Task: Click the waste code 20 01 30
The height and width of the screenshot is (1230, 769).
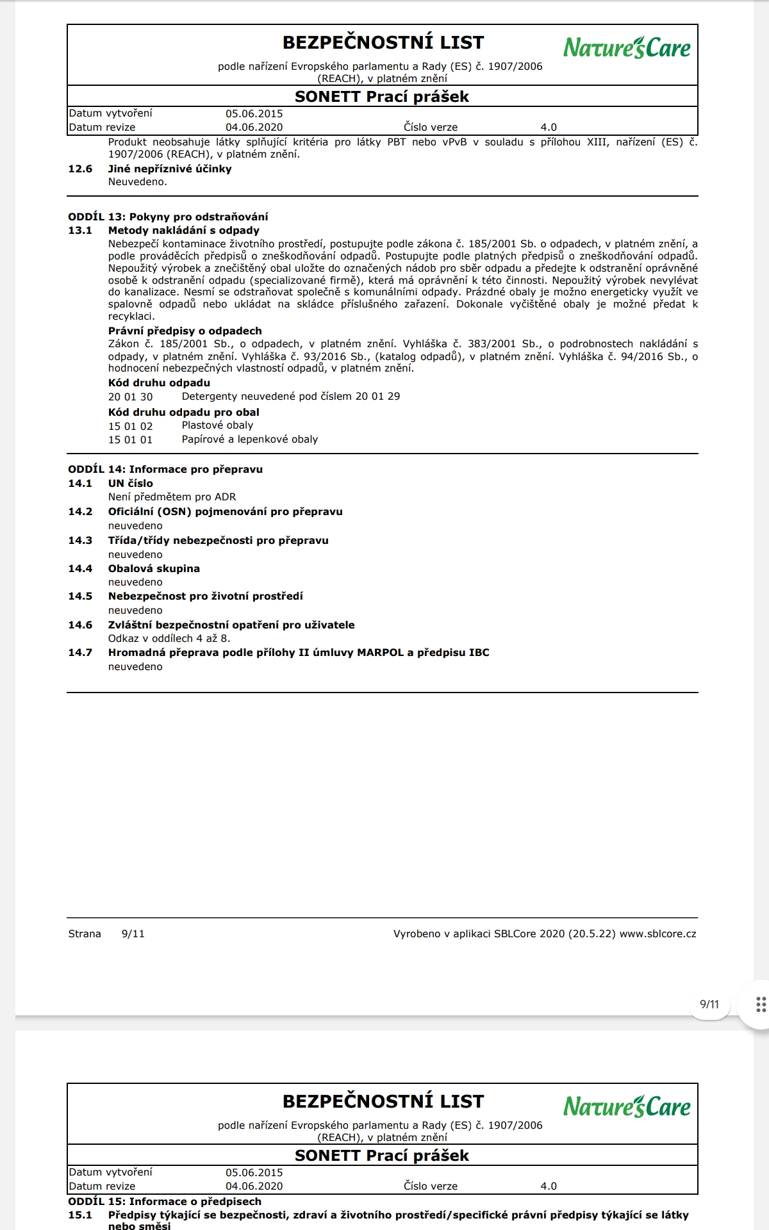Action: pos(130,397)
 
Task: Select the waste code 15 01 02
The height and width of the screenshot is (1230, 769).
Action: pos(130,426)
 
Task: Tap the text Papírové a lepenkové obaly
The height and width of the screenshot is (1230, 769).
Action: pos(249,439)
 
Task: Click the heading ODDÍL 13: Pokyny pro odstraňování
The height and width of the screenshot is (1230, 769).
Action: pos(168,217)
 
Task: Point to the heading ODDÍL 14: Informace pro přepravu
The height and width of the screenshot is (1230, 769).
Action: pos(165,469)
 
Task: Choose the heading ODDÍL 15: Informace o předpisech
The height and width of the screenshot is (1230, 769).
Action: pos(165,1201)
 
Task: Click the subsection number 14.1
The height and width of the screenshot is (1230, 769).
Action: pos(80,484)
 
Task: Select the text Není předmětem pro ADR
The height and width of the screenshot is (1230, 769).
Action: pos(172,497)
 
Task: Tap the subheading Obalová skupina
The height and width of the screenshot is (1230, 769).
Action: pos(154,568)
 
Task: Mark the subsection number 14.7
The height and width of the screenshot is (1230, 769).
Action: pos(80,653)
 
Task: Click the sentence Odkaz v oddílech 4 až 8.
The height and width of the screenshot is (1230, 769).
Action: pos(169,638)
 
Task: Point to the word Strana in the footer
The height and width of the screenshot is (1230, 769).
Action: pos(85,934)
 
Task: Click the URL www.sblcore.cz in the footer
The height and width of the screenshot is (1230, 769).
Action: pos(657,934)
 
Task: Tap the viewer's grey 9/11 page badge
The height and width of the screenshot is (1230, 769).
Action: pos(709,1004)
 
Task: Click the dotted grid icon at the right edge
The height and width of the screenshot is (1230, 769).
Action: pos(761,1004)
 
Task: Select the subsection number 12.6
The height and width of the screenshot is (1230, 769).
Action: pos(80,169)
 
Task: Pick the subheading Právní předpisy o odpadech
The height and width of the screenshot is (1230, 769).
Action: pos(185,331)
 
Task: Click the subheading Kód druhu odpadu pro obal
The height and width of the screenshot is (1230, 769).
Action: pos(183,412)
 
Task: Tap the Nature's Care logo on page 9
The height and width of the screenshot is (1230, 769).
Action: pos(627,47)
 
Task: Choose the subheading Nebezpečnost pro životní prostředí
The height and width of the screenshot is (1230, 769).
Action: pos(205,596)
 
